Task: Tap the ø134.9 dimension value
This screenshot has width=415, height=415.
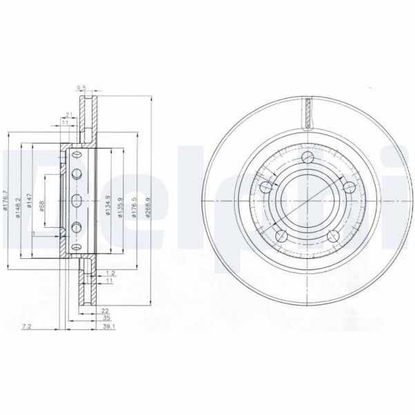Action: [x=108, y=204]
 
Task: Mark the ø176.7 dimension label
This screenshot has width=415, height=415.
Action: [x=6, y=201]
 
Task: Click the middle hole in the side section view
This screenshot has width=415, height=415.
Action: [x=77, y=201]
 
